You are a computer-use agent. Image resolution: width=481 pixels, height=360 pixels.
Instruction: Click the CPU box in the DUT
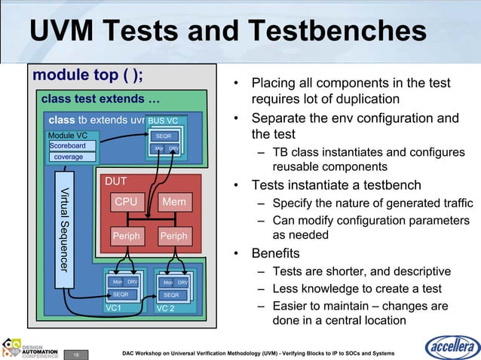[x=126, y=202]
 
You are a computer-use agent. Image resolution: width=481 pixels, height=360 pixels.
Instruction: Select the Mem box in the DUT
[x=173, y=202]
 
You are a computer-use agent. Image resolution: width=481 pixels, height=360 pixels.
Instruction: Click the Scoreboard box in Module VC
[x=68, y=145]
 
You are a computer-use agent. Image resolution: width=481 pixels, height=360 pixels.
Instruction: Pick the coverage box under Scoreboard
[x=68, y=157]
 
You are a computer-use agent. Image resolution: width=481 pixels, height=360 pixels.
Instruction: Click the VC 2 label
[x=164, y=308]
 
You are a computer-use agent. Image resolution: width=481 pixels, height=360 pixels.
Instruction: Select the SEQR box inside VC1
[x=121, y=294]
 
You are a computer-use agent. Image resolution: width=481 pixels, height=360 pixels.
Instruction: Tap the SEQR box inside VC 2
[x=172, y=294]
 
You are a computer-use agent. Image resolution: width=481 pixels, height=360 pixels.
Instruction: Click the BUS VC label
[x=163, y=121]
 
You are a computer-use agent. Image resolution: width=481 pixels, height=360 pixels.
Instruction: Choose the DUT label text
[x=116, y=182]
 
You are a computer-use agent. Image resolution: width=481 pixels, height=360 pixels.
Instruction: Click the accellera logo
[x=452, y=347]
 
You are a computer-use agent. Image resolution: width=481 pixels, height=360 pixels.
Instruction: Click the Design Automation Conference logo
[x=29, y=347]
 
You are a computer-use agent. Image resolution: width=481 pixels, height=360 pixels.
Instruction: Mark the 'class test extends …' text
[x=100, y=99]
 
